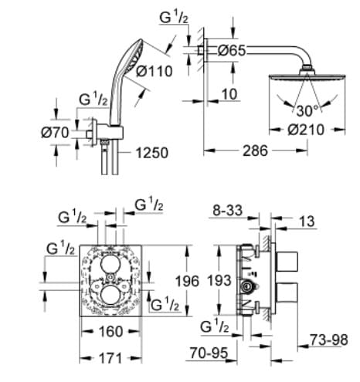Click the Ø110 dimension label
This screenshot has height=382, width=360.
pyautogui.click(x=155, y=72)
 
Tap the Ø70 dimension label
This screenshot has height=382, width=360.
pyautogui.click(x=56, y=132)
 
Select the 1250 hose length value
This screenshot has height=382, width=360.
pyautogui.click(x=151, y=154)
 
